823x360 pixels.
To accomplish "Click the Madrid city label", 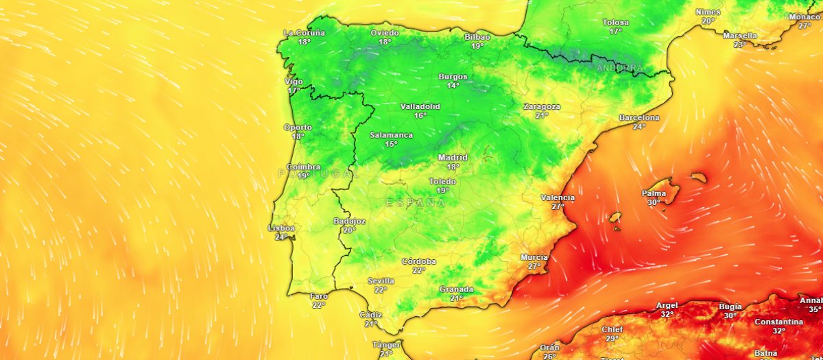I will pos(453,158).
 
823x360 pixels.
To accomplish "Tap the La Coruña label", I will pos(305,33).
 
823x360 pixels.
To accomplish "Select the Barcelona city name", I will pos(639,118).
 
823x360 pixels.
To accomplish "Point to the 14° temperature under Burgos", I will pos(453,86).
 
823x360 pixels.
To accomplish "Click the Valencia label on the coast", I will pos(558,197).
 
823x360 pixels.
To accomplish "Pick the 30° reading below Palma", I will pos(654,202).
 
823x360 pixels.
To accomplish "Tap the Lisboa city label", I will pos(281,228).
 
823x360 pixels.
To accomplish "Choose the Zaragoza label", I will pos(542,107).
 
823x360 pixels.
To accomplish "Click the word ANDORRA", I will pos(620,69).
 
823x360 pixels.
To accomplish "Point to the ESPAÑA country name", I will pos(416,203).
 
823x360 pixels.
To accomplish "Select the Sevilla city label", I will pos(381,281).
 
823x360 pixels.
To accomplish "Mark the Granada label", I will pos(456,289).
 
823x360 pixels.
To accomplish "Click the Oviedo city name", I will pos(385,33).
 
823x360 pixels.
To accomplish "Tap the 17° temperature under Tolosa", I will pos(616,32).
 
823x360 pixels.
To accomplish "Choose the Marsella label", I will pos(740,36).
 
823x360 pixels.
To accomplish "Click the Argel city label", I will pos(667,306).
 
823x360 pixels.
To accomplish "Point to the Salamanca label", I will pos(391,135).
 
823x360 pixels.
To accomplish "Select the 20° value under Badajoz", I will pos(349,230).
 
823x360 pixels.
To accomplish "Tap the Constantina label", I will pos(779,322).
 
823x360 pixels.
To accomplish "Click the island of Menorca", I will pos(699,178).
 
